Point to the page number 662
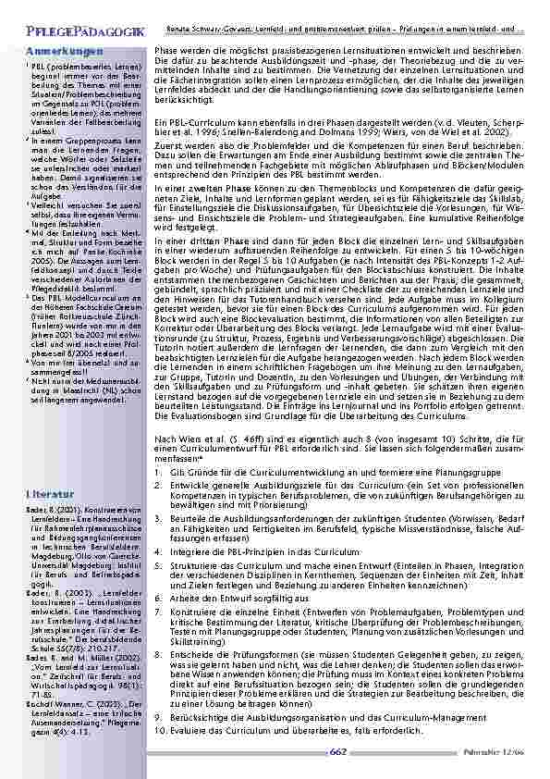(x=337, y=751)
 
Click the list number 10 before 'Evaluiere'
(x=161, y=730)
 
